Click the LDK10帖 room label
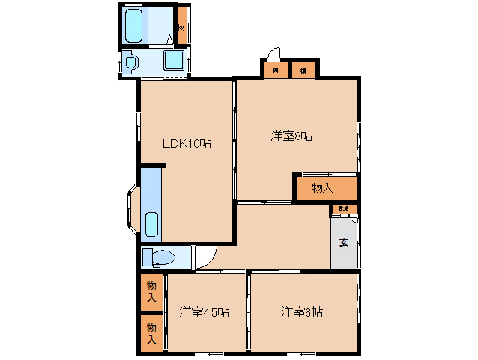187,144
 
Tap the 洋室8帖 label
291,136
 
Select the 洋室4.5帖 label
204,312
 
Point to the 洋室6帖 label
302,311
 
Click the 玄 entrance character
343,242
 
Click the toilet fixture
159,258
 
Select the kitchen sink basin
151,223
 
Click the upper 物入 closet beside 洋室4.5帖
151,291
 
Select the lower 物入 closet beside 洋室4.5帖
151,333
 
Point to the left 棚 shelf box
276,70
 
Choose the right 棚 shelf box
303,70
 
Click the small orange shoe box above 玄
343,209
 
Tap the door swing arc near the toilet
204,256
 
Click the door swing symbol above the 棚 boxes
273,53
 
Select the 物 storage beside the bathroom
182,27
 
